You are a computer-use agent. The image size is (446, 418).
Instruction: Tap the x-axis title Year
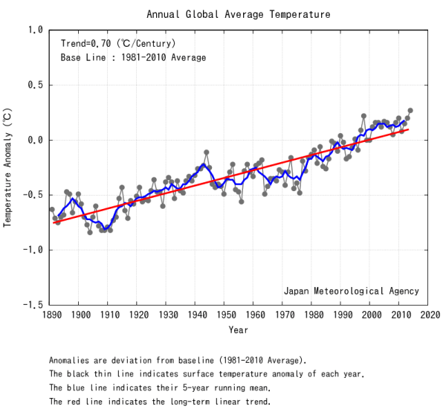(x=238, y=329)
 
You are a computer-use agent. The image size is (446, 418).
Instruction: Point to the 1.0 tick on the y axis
(x=35, y=30)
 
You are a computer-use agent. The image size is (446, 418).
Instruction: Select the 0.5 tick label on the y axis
(x=35, y=85)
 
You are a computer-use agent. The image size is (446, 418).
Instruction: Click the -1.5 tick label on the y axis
(x=33, y=305)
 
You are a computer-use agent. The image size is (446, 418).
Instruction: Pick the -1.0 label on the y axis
(x=33, y=250)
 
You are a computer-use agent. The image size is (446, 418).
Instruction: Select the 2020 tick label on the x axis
(x=428, y=315)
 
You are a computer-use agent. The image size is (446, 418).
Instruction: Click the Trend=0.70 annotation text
(x=117, y=43)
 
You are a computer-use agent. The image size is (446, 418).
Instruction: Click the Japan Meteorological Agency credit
(x=351, y=292)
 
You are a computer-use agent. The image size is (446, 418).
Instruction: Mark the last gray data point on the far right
(x=410, y=111)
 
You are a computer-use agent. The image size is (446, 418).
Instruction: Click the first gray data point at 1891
(x=52, y=210)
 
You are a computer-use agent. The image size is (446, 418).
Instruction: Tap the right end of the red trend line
(x=408, y=129)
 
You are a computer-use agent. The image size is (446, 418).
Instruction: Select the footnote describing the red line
(x=160, y=402)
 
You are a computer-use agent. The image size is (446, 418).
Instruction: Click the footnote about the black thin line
(x=206, y=374)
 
